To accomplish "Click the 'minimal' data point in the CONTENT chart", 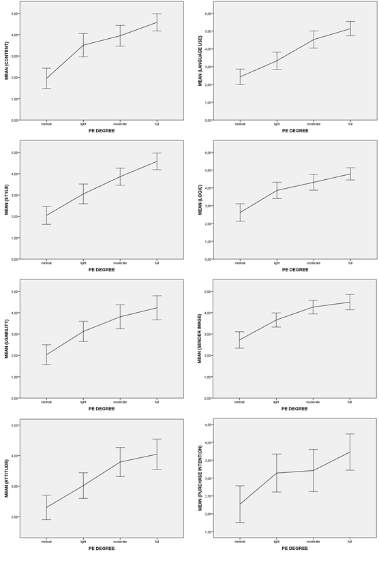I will [x=46, y=78].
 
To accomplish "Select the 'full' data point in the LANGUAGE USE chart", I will [x=350, y=28].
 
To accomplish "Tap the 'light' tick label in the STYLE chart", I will [x=83, y=262].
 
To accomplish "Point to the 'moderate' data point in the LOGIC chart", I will [x=314, y=181].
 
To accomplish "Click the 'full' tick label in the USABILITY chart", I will [x=157, y=401].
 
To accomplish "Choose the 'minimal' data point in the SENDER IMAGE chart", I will [x=240, y=340].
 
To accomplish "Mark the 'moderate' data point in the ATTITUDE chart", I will [x=120, y=462].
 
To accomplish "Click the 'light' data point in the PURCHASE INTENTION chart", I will [x=277, y=473].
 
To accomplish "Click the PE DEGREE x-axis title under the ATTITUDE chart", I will [x=102, y=547].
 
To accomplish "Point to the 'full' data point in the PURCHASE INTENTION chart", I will [x=350, y=452].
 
